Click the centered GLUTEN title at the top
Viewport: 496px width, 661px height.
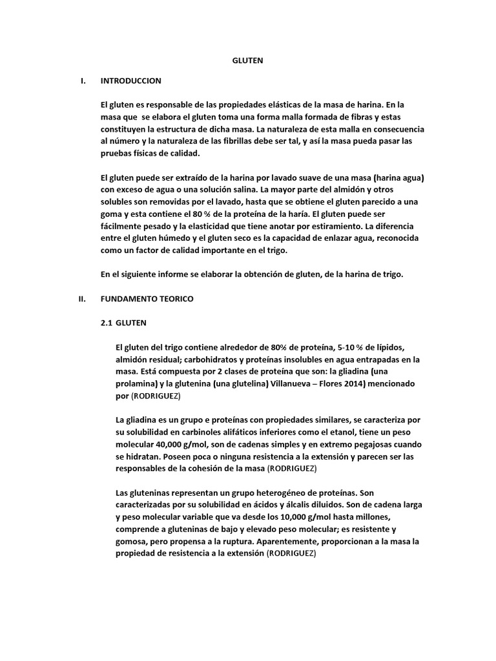(248, 61)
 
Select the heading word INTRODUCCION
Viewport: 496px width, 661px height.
(130, 81)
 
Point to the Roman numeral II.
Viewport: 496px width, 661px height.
(82, 300)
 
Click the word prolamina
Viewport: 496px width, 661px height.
(137, 383)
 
